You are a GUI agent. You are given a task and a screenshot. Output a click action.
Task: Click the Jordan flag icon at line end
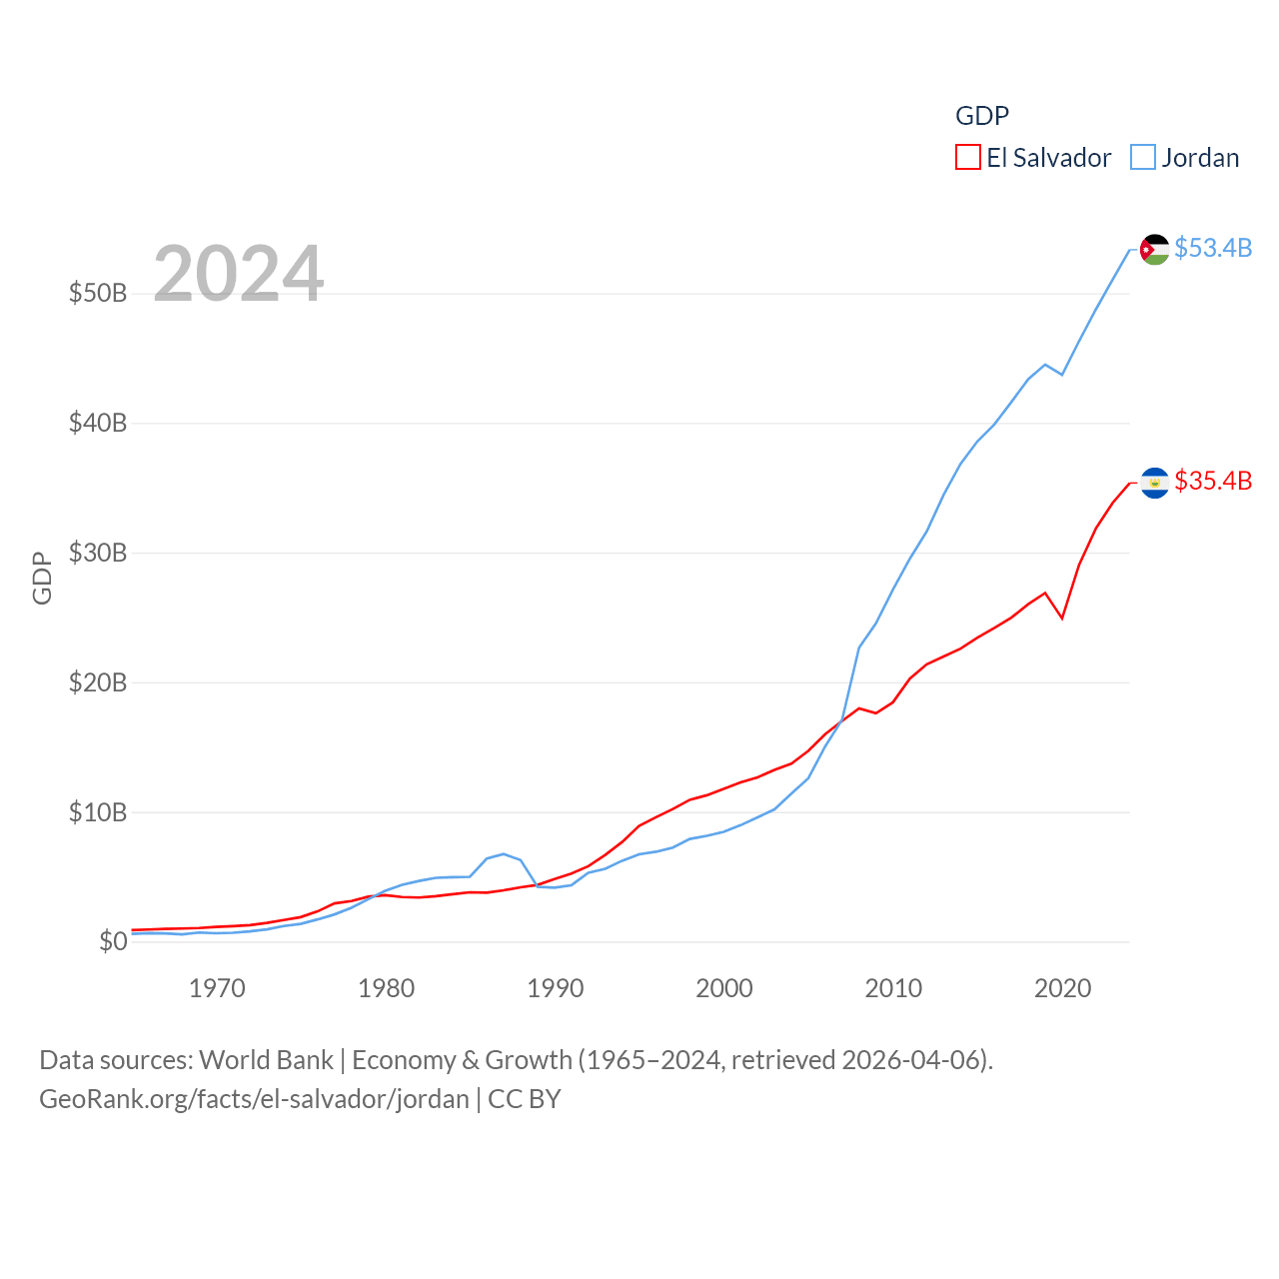tap(1154, 249)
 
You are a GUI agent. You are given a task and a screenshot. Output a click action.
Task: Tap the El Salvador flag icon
tap(1154, 483)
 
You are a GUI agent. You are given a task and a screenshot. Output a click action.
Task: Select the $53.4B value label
tap(1213, 248)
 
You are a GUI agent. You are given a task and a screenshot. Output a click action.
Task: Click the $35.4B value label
tap(1213, 481)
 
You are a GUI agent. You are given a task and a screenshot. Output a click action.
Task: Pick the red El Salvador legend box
tap(967, 158)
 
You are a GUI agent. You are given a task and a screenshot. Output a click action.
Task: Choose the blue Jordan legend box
tap(1143, 158)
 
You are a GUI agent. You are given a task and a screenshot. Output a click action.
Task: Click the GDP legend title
tap(982, 116)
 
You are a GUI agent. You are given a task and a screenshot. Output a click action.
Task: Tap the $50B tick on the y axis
tap(98, 293)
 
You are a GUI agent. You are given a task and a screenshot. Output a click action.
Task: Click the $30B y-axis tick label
tap(98, 553)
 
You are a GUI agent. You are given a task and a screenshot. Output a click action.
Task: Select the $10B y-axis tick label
tap(98, 812)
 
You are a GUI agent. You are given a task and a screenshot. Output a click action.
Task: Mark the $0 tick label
tap(113, 941)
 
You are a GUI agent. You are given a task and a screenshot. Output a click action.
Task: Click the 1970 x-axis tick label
tap(217, 989)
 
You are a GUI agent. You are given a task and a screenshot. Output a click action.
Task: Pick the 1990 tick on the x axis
tap(556, 989)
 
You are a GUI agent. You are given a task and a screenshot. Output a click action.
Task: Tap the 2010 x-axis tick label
tap(893, 989)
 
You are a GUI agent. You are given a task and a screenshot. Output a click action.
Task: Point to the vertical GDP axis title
tap(42, 578)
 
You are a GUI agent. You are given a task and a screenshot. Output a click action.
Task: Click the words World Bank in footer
tap(266, 1059)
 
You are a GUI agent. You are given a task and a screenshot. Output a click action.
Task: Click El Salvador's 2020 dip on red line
tap(1062, 618)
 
